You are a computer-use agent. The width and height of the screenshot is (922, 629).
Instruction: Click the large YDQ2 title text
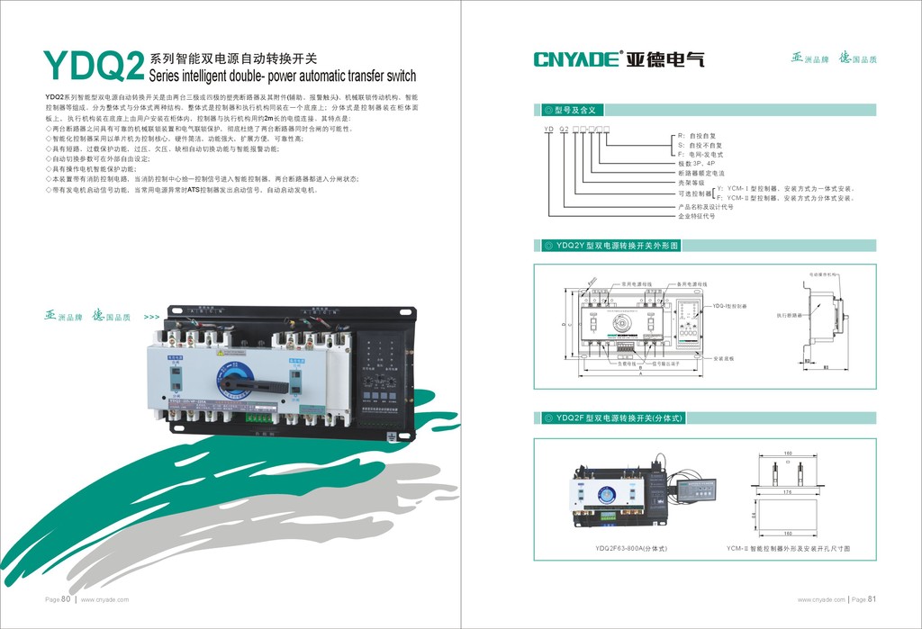95,65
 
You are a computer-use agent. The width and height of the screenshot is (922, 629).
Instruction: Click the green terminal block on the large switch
260,417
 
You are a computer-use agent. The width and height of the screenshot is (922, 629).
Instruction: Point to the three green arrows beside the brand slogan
151,317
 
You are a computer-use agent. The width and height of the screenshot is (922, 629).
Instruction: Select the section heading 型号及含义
577,110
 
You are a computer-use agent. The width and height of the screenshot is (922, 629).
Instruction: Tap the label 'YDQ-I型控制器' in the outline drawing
730,306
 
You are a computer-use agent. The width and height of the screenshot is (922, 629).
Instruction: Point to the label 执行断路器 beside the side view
789,316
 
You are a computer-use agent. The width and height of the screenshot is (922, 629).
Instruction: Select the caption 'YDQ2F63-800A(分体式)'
630,548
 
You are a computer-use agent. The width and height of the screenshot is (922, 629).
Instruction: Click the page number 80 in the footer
65,598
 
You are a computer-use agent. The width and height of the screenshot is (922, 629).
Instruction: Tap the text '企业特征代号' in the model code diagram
697,216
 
